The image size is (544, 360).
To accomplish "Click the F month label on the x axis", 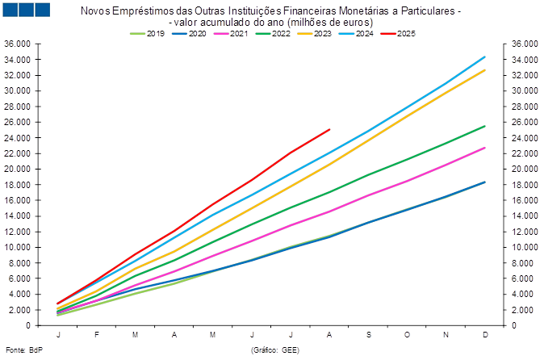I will tap(97, 334).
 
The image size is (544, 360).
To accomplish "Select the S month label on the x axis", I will tap(368, 334).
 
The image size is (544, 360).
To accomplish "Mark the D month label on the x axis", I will tap(484, 334).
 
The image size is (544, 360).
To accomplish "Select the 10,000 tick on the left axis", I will tap(18, 247).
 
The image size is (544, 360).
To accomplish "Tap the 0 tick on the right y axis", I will tap(515, 325).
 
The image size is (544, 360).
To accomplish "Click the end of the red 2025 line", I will tap(330, 128).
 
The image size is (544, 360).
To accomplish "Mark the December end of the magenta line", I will tap(485, 148).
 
